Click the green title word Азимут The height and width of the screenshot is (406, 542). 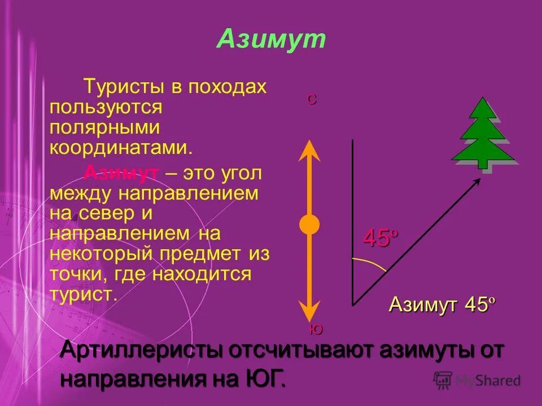pyautogui.click(x=271, y=39)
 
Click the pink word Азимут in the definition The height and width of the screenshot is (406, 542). pyautogui.click(x=121, y=173)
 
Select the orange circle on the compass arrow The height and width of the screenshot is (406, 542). pyautogui.click(x=309, y=224)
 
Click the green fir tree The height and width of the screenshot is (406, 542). pyautogui.click(x=483, y=133)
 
